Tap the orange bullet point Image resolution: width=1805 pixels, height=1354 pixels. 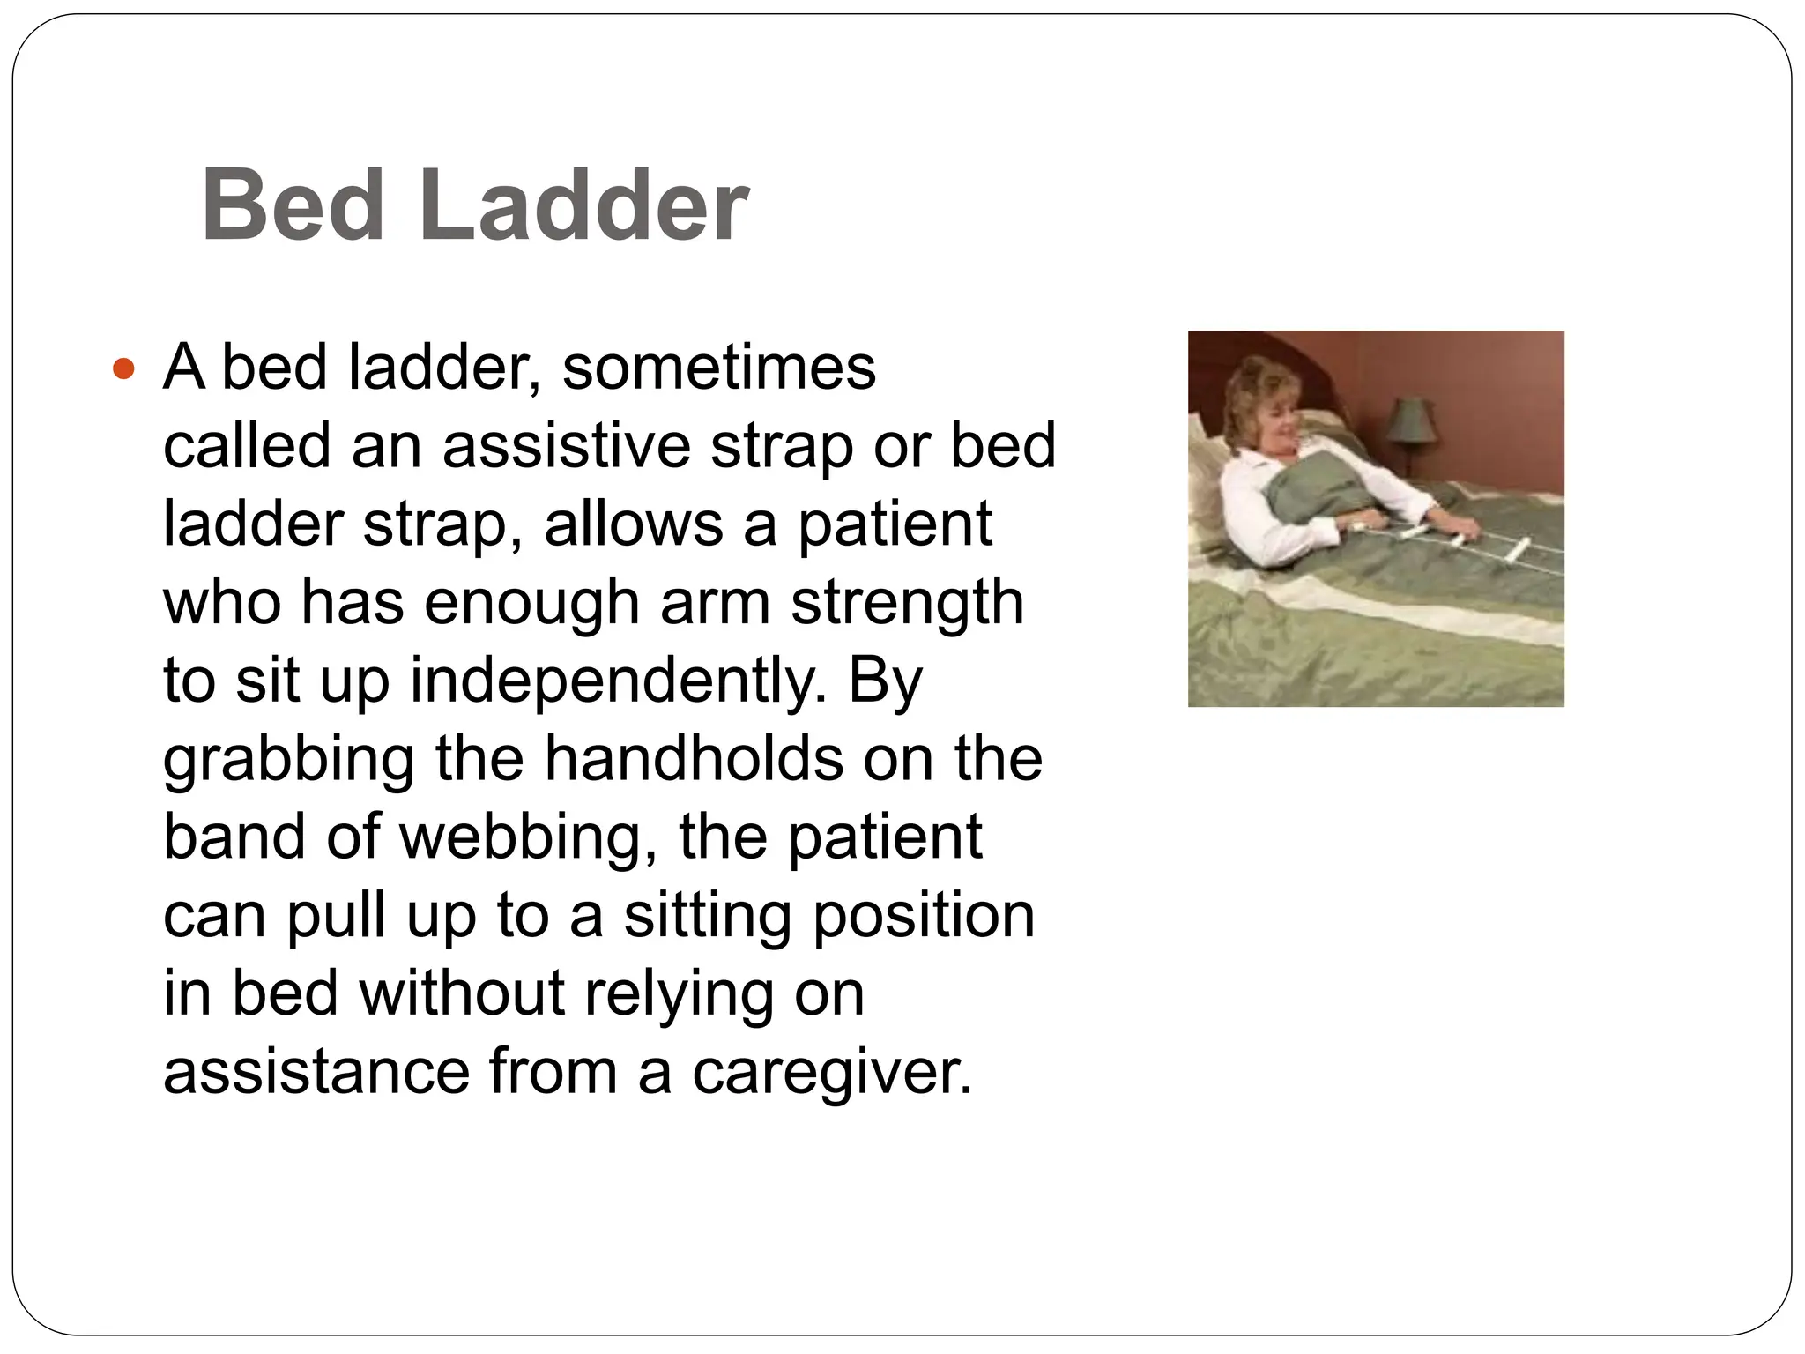click(x=124, y=368)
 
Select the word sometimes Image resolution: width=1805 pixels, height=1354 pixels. click(x=718, y=367)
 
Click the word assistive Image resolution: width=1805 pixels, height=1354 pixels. click(x=566, y=445)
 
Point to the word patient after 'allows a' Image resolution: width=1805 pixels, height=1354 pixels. click(x=895, y=524)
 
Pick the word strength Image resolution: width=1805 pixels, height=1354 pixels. click(x=907, y=602)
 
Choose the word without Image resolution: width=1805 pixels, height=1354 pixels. click(x=462, y=993)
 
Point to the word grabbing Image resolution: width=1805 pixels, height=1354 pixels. click(x=288, y=760)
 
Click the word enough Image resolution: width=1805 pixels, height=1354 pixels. click(x=531, y=602)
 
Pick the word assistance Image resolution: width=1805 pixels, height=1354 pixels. click(x=316, y=1072)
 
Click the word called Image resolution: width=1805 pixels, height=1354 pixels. click(x=247, y=445)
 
